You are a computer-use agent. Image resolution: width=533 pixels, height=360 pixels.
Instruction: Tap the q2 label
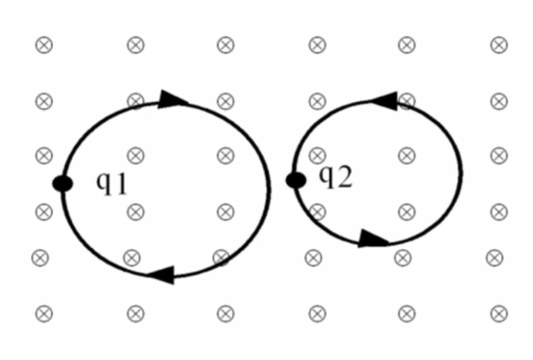(x=335, y=178)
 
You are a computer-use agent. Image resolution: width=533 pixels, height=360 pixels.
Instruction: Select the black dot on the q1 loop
(x=63, y=184)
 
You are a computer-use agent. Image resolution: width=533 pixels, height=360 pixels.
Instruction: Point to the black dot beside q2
(x=296, y=180)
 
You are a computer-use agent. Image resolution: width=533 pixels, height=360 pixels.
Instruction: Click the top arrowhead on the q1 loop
(x=172, y=99)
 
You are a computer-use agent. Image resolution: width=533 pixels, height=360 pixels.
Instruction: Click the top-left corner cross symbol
(x=44, y=45)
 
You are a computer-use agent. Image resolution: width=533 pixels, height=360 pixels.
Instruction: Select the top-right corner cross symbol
(x=499, y=45)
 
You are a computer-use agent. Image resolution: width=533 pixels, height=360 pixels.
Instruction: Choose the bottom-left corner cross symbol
(x=44, y=314)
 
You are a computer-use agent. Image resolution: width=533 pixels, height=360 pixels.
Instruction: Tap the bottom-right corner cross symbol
(x=499, y=314)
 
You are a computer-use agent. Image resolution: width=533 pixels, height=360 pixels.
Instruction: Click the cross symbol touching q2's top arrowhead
(x=407, y=101)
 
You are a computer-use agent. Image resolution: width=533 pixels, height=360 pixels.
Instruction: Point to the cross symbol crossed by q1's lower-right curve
(x=221, y=257)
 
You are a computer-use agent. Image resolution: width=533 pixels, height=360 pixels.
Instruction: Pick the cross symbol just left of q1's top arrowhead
(x=136, y=101)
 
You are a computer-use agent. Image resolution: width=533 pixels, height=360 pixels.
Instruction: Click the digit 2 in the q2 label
(x=344, y=178)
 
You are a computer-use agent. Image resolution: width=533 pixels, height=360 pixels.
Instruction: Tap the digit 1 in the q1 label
(x=120, y=185)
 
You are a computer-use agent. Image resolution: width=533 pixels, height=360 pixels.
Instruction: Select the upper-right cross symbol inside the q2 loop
(x=407, y=155)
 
